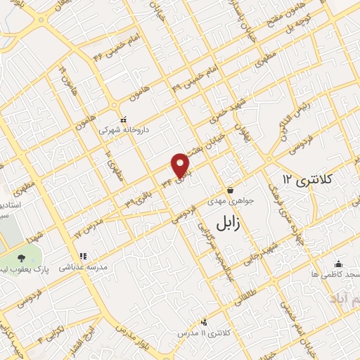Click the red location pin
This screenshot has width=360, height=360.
181,165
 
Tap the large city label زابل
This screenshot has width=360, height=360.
227,224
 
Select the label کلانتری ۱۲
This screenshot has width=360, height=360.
314,179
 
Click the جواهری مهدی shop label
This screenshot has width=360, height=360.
231,200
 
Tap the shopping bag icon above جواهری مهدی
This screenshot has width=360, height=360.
230,190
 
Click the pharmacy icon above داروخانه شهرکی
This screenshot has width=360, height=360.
124,119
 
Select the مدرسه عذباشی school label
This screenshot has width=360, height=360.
82,268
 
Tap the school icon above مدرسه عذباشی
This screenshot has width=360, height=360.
82,257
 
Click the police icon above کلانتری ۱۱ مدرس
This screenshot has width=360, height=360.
204,321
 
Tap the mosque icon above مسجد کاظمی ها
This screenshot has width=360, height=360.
338,263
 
